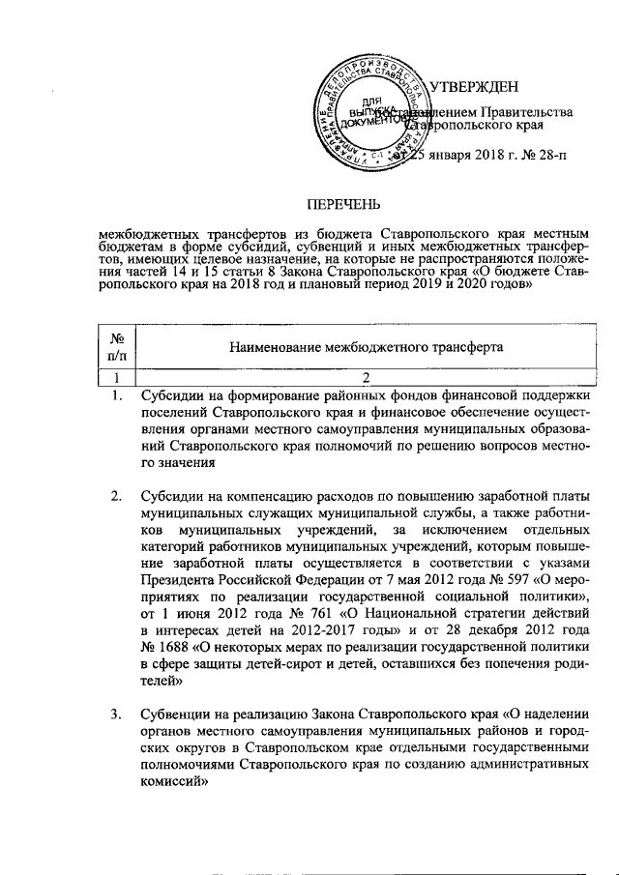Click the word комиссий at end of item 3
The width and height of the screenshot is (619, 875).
[x=172, y=784]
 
